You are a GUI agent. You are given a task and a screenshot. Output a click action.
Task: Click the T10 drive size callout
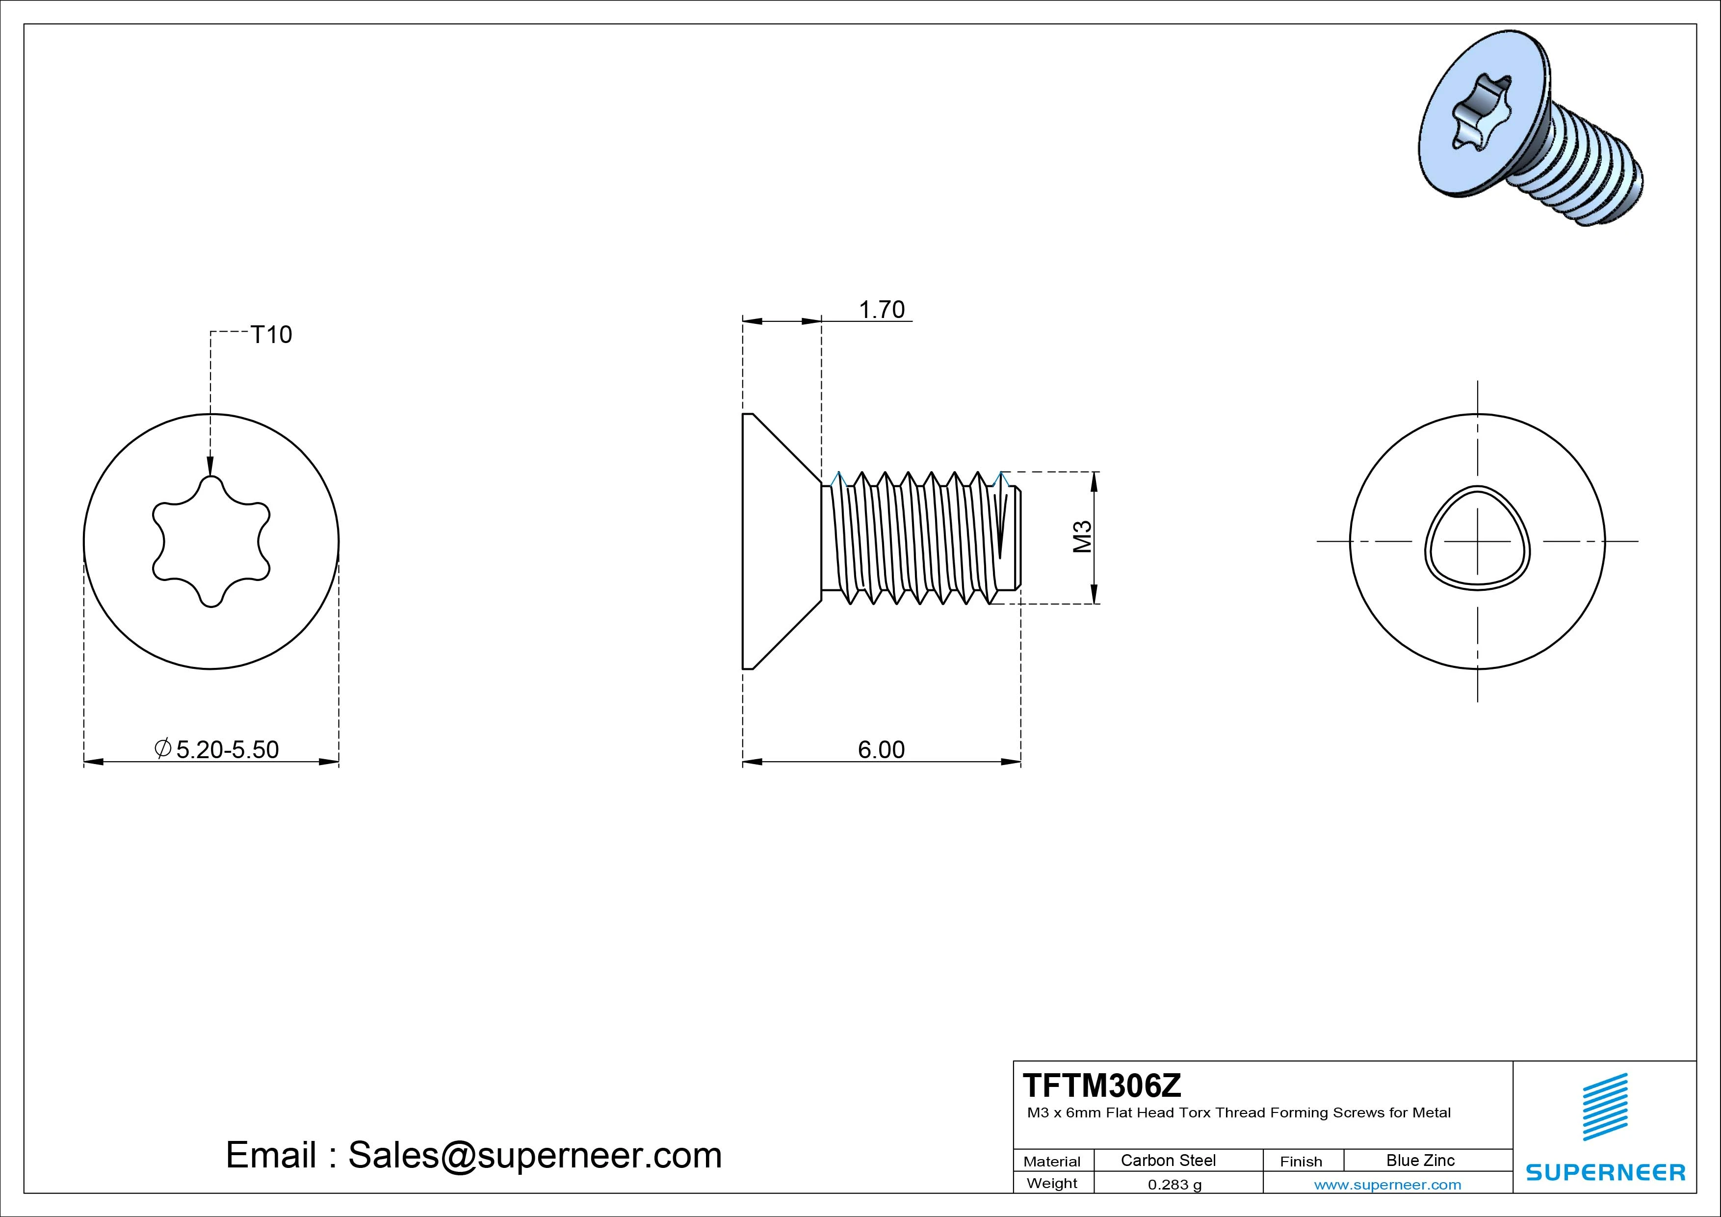pyautogui.click(x=271, y=335)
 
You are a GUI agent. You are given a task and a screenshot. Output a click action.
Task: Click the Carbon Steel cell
pyautogui.click(x=1168, y=1160)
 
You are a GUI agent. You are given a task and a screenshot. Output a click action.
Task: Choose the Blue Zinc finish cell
pyautogui.click(x=1420, y=1160)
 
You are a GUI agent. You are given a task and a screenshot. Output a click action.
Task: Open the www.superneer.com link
pyautogui.click(x=1387, y=1185)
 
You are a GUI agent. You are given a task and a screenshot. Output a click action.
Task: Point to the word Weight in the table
pyautogui.click(x=1052, y=1183)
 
